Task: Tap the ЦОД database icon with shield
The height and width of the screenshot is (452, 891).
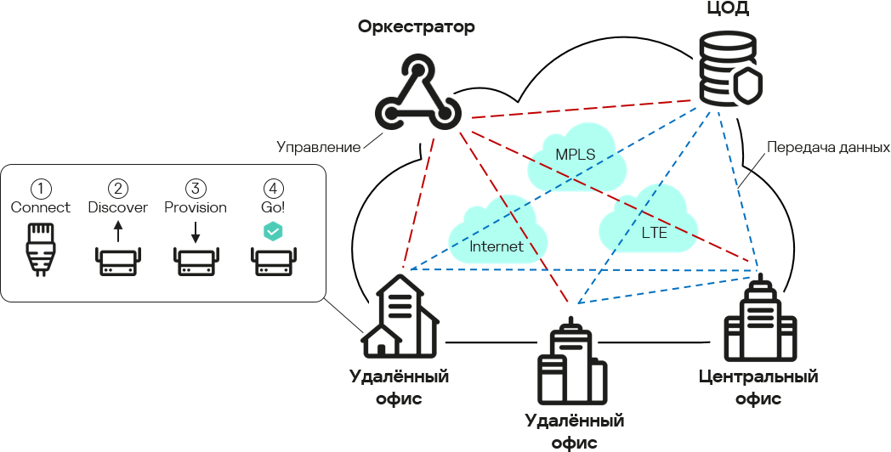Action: [x=729, y=70]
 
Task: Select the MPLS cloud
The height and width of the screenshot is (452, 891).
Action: [x=576, y=156]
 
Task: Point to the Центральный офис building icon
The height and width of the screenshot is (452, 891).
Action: [x=759, y=319]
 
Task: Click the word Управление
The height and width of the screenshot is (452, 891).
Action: [x=319, y=146]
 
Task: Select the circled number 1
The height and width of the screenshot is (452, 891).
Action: [x=40, y=188]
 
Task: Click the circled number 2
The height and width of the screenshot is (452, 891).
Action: [x=117, y=188]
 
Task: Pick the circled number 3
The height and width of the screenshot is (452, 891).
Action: [x=196, y=188]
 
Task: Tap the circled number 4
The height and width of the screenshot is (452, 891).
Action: [x=273, y=188]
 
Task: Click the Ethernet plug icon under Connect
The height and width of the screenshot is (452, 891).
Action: [x=40, y=248]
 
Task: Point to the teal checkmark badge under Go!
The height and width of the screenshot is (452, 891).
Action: [x=273, y=230]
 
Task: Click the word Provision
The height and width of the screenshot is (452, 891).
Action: [x=196, y=207]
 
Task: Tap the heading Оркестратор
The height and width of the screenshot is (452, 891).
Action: [x=416, y=27]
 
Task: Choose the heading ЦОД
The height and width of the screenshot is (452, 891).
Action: [x=728, y=10]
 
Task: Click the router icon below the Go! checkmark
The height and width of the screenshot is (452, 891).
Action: [x=273, y=261]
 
